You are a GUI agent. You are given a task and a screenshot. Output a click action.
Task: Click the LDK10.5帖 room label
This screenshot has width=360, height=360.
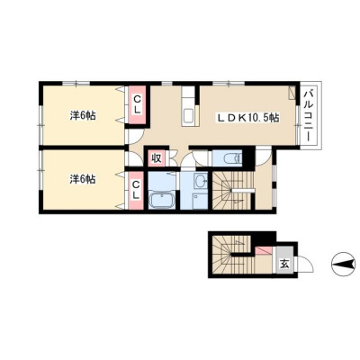coord(248,118)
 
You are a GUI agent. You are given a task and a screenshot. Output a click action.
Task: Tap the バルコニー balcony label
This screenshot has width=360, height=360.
coord(309,114)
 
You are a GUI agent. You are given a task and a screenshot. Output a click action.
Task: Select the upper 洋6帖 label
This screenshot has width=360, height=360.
coord(83,115)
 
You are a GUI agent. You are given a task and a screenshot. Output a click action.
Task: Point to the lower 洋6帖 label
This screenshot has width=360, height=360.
coord(83,179)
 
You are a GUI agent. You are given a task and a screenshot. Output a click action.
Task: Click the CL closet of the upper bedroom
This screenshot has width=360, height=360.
coord(137,104)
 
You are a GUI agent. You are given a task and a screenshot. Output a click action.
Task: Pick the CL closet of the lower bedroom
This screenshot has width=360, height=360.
coord(137,190)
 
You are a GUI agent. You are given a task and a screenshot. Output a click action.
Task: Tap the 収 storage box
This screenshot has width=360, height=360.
coord(156,157)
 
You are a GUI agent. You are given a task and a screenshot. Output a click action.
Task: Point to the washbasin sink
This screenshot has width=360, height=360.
coord(201,181)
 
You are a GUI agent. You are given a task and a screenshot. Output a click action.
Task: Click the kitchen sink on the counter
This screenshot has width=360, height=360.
coord(188,115)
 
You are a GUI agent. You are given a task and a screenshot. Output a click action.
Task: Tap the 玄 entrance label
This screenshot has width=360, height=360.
coord(284,264)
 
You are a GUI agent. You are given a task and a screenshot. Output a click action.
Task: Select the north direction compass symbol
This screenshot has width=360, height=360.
coord(344,265)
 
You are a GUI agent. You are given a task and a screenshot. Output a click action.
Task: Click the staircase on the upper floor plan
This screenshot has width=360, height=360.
coord(233,191)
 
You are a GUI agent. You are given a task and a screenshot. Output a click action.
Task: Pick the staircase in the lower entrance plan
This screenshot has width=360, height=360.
coord(231,255)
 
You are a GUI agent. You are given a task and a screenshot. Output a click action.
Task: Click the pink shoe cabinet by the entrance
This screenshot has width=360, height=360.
coord(264,250)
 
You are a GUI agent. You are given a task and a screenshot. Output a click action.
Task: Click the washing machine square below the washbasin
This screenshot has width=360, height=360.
coord(200,201)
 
